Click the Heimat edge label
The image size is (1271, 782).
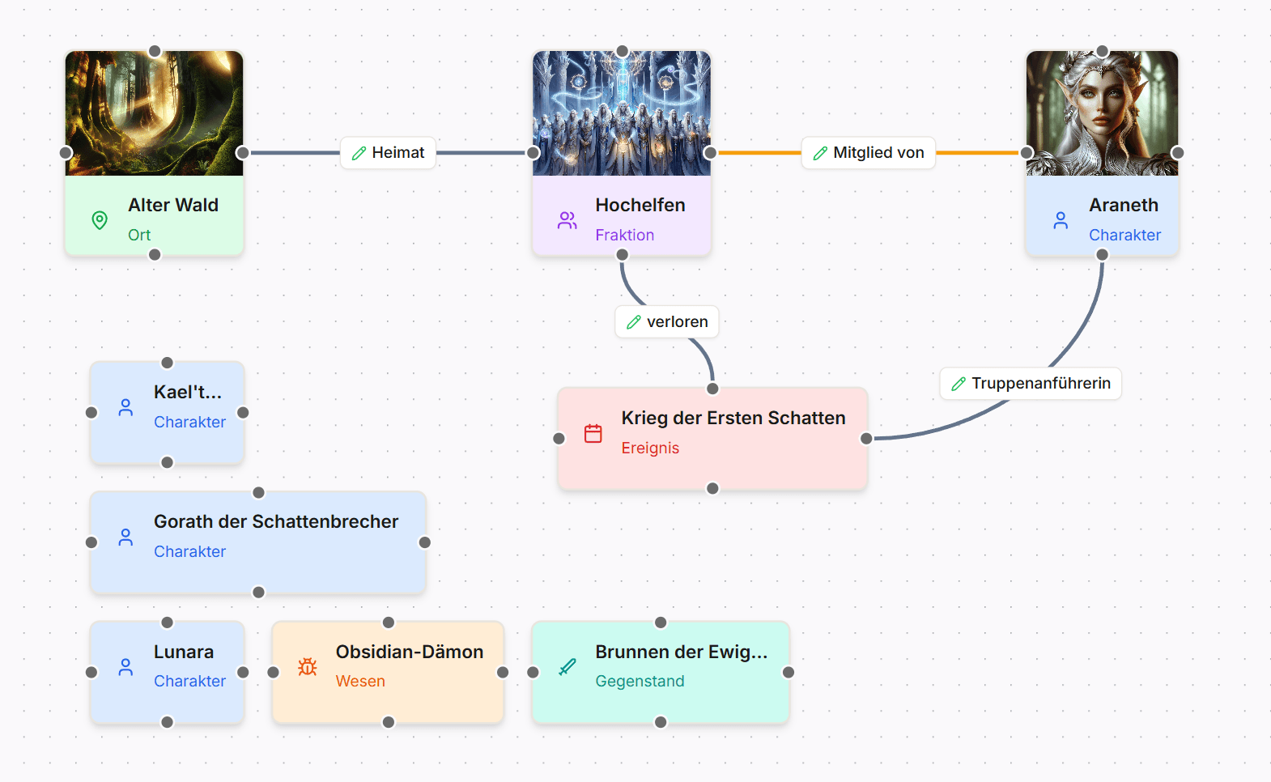click(389, 153)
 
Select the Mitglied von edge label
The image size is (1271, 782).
click(868, 153)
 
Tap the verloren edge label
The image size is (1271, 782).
click(667, 322)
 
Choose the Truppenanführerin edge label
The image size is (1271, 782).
click(1031, 384)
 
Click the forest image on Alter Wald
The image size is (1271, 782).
click(155, 113)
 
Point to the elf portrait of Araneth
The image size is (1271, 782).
click(1102, 113)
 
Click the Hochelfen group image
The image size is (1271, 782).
click(622, 113)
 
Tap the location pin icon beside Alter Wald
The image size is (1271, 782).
click(100, 220)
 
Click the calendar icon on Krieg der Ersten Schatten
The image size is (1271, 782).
click(593, 434)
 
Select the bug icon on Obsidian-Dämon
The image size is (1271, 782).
click(308, 667)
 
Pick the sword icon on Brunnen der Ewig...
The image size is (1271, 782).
click(567, 667)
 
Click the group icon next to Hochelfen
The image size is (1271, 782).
click(567, 220)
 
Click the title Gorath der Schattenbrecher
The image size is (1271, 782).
click(276, 522)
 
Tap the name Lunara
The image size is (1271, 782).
click(184, 652)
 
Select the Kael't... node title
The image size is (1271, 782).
click(187, 393)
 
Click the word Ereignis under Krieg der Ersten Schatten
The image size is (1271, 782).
click(650, 448)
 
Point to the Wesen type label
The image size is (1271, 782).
click(360, 682)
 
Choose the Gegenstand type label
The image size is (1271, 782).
click(640, 682)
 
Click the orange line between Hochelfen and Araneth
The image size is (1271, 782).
click(757, 153)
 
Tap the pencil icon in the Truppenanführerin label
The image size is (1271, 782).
click(959, 384)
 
